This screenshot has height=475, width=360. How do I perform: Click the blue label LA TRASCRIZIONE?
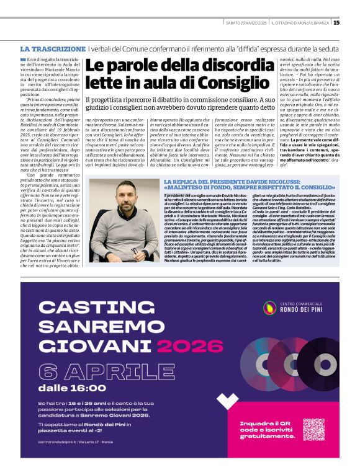pos(53,48)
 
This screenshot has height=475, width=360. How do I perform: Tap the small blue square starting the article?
pos(22,58)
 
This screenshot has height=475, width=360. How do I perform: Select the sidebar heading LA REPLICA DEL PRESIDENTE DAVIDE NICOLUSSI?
pos(249,182)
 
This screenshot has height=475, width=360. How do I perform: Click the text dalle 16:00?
pos(72,389)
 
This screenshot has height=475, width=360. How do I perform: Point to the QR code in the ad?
pos(313,430)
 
